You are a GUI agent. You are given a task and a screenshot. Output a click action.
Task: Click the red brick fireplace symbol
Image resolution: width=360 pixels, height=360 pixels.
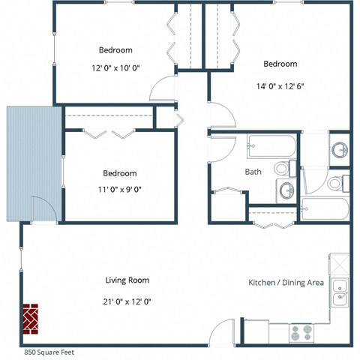[30, 318]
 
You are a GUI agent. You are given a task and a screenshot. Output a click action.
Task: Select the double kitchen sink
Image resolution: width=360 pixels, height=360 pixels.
[340, 292]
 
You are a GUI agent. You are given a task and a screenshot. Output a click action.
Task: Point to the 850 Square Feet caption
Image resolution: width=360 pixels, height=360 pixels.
[49, 352]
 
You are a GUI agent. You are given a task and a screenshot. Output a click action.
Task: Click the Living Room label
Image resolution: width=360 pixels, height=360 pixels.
[127, 280]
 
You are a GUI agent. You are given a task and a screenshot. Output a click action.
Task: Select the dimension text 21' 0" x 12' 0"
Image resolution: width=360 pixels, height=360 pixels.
[127, 301]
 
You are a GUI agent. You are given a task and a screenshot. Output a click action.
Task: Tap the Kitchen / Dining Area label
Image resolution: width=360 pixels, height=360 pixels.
[286, 283]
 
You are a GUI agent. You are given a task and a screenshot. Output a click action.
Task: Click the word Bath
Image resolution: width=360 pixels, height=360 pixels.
[253, 172]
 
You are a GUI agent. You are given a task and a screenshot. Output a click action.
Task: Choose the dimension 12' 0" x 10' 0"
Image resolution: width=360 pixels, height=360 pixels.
[115, 67]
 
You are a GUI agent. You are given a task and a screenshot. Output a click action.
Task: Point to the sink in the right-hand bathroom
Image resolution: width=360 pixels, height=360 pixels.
[340, 148]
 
